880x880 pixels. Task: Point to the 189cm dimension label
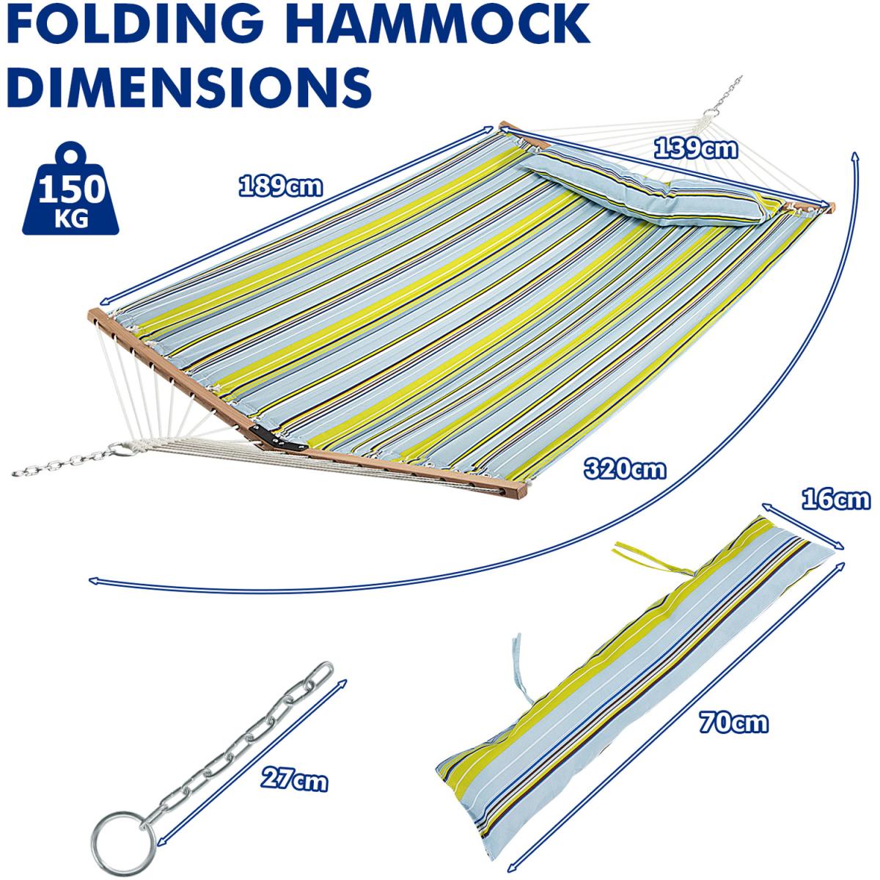tap(280, 186)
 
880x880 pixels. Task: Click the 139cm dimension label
tap(694, 149)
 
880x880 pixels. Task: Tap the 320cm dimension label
tap(625, 468)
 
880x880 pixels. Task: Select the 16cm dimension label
tap(835, 500)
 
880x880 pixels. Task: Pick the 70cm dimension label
tap(733, 722)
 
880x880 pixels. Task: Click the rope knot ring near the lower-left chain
tap(125, 447)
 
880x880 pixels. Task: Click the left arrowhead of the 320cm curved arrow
tap(94, 581)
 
